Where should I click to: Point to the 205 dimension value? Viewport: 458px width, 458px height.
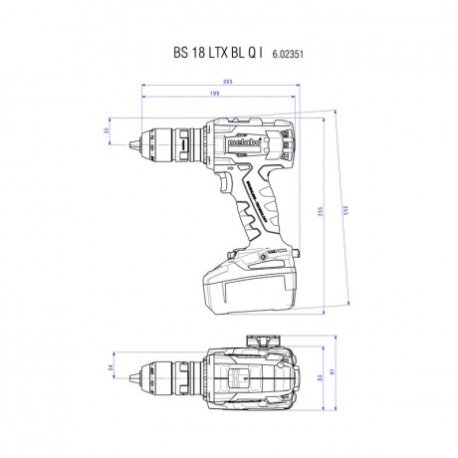click(x=228, y=83)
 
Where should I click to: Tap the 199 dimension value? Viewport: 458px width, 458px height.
click(x=216, y=94)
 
